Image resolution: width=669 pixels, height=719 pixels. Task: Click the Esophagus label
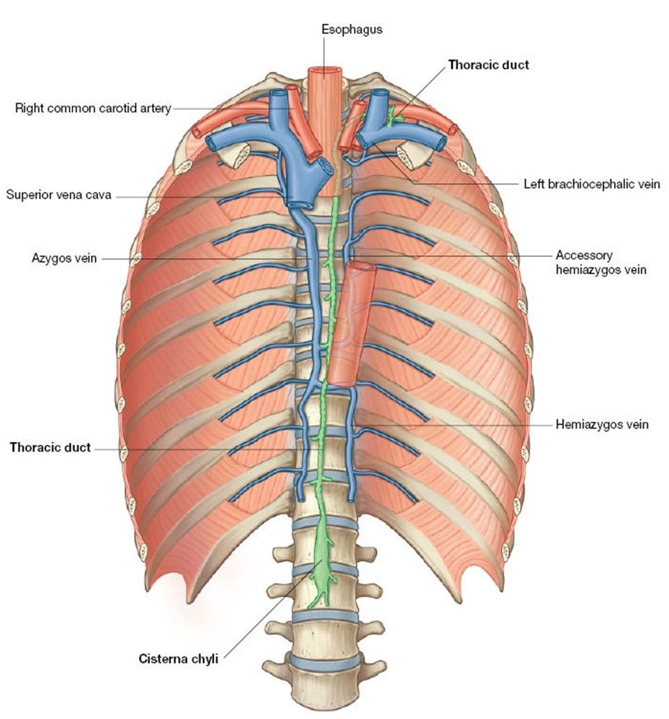[351, 30]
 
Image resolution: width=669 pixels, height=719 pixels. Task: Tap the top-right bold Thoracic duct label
[488, 65]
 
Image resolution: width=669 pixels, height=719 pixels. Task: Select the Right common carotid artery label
[93, 109]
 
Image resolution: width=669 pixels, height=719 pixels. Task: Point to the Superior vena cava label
[58, 195]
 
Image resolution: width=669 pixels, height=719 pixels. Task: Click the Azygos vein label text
[64, 258]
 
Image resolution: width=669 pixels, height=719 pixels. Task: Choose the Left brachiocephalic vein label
[592, 184]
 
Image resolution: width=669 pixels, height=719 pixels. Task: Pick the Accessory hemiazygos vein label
[601, 262]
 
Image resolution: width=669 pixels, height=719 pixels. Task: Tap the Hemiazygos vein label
[602, 425]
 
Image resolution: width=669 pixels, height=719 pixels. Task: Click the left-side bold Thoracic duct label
[50, 448]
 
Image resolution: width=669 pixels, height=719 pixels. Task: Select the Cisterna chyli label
[178, 659]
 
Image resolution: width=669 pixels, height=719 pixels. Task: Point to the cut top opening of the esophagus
[325, 72]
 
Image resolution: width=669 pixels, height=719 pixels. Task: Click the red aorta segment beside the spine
[350, 324]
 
